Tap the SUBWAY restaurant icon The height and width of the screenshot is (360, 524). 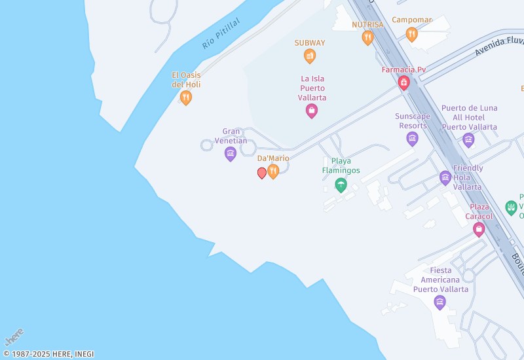[310, 56]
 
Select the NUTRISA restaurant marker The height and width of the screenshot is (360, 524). [367, 37]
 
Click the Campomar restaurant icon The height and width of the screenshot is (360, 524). [411, 34]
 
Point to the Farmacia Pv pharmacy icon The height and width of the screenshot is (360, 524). [403, 82]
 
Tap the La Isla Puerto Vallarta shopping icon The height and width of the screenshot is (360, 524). [312, 111]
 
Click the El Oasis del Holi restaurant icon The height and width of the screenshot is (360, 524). [186, 98]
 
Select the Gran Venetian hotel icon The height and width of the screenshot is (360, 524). [230, 154]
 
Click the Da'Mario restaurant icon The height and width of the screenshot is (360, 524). [273, 171]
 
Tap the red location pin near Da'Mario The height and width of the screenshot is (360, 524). [262, 173]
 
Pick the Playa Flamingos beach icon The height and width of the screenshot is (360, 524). [341, 185]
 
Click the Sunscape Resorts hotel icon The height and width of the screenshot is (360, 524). [412, 138]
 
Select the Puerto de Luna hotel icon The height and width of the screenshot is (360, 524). [468, 140]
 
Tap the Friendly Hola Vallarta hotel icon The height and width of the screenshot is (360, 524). [445, 177]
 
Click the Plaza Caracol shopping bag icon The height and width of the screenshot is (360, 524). [479, 229]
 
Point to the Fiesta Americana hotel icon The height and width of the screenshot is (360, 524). [440, 302]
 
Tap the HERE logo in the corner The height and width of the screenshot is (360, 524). [14, 337]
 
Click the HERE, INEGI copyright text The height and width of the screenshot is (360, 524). [48, 354]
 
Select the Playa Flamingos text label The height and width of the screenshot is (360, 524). [341, 166]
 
